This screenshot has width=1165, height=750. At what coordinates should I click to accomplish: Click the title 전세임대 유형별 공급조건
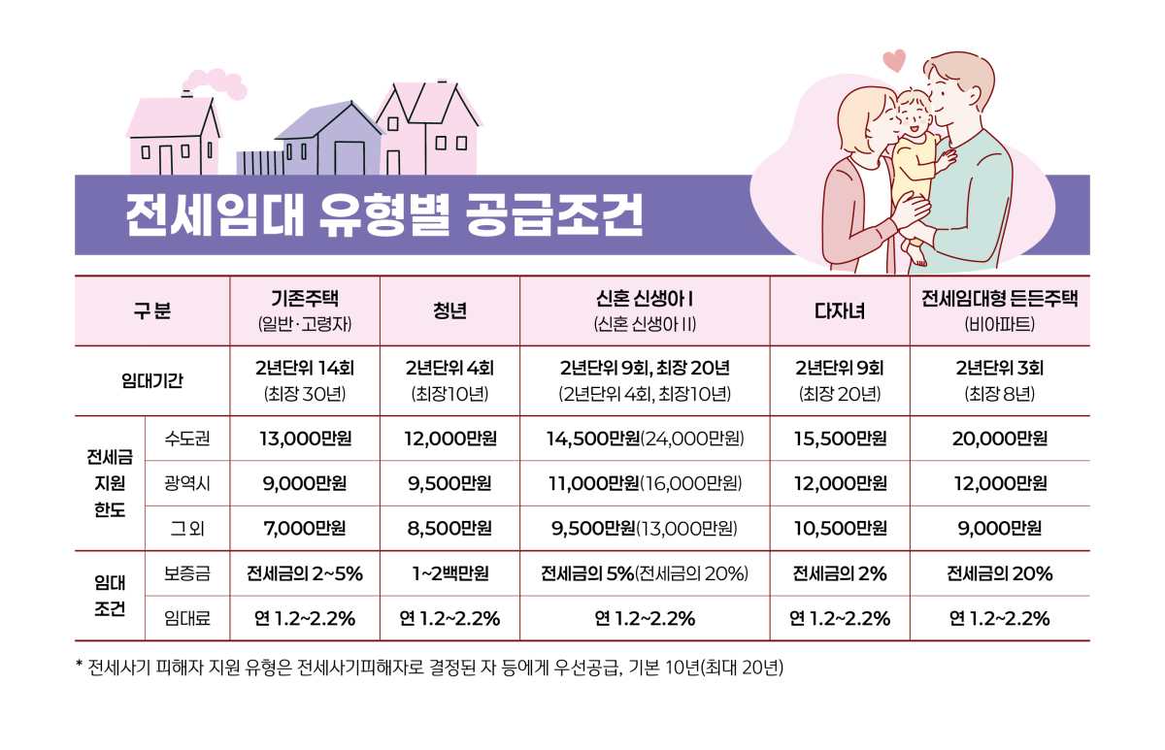383,215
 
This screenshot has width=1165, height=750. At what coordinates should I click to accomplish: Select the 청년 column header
449,310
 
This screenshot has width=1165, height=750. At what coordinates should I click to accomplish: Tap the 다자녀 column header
839,310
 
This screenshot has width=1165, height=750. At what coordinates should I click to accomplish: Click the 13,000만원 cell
305,439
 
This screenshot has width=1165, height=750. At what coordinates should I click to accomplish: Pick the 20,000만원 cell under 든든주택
999,439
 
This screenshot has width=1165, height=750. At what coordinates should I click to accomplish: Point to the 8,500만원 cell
449,529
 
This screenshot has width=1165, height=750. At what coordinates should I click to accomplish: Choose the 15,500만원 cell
839,439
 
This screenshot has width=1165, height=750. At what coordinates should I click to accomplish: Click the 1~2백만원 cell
449,573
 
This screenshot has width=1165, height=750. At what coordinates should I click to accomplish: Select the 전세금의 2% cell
839,573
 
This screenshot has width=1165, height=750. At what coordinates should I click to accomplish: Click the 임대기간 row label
151,380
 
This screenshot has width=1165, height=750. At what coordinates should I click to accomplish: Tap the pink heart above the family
894,60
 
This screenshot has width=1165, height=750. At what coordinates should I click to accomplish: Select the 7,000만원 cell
305,529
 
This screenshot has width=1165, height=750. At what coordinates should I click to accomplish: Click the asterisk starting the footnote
80,667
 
